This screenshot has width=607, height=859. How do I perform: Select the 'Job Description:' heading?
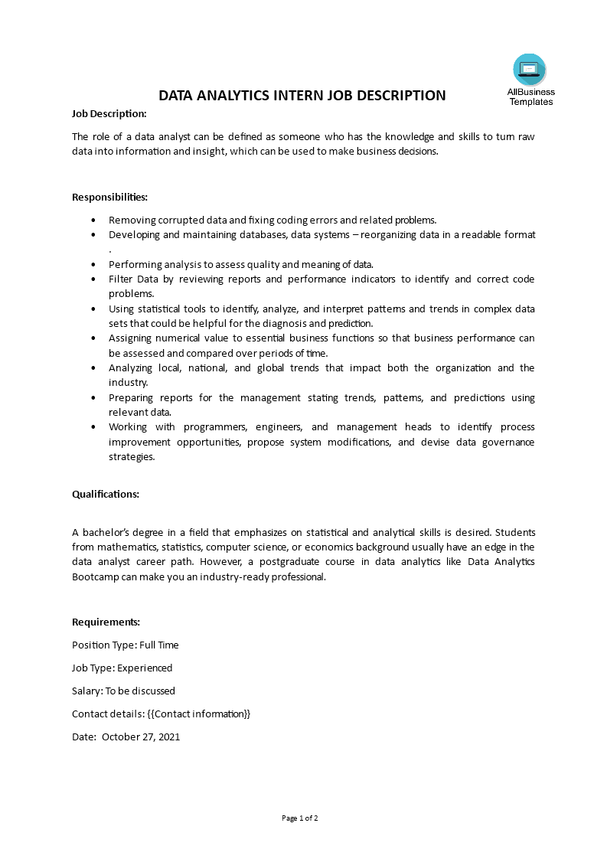pyautogui.click(x=109, y=113)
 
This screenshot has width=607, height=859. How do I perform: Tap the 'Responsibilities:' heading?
pyautogui.click(x=109, y=197)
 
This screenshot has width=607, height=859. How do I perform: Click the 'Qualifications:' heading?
pyautogui.click(x=106, y=494)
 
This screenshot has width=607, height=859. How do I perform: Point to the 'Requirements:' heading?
pyautogui.click(x=106, y=622)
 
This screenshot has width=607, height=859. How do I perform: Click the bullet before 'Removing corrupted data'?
pyautogui.click(x=93, y=220)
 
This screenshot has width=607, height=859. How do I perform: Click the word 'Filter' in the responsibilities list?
pyautogui.click(x=121, y=279)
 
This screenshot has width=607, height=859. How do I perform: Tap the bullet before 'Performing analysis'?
pyautogui.click(x=93, y=264)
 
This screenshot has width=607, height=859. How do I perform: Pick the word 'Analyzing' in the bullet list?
pyautogui.click(x=131, y=368)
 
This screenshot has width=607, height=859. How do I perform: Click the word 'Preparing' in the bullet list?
pyautogui.click(x=131, y=398)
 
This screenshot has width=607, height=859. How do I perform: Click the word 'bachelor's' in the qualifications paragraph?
pyautogui.click(x=107, y=532)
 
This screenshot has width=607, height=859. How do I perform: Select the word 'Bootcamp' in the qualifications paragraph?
pyautogui.click(x=93, y=577)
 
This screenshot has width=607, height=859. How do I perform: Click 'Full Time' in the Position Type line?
pyautogui.click(x=158, y=645)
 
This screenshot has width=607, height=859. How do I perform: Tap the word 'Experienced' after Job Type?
pyautogui.click(x=145, y=668)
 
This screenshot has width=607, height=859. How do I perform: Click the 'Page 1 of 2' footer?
pyautogui.click(x=300, y=818)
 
